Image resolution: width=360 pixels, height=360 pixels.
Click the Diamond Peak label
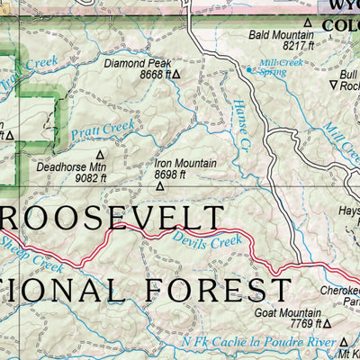(x=137, y=65)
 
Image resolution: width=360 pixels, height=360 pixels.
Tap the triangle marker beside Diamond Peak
(x=176, y=76)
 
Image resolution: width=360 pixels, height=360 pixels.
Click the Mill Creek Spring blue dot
(x=249, y=68)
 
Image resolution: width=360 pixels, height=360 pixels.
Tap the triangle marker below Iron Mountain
(x=160, y=186)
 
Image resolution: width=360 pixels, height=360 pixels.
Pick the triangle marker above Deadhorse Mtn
(x=100, y=154)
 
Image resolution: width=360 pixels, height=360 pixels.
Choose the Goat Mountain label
(x=290, y=312)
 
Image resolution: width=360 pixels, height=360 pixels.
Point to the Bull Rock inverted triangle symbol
(x=334, y=85)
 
